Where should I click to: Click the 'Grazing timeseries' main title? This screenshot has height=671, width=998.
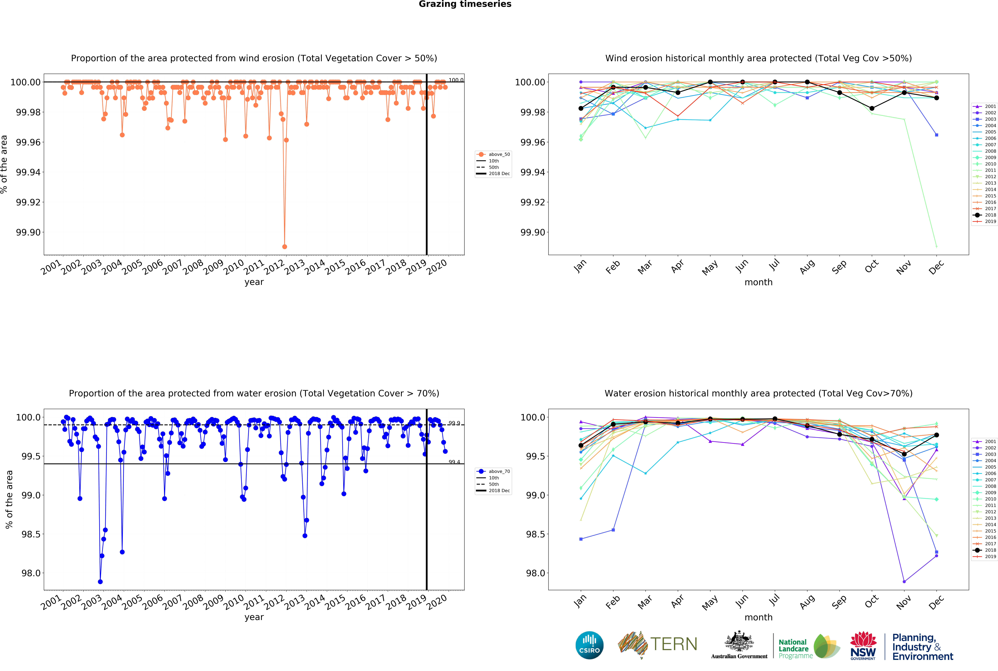click(465, 4)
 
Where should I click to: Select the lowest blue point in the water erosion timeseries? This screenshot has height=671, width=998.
click(100, 582)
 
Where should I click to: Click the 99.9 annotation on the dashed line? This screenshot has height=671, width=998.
click(454, 423)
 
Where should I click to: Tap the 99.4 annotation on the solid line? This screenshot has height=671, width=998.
click(454, 462)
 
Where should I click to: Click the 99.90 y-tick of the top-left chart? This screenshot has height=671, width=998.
click(28, 232)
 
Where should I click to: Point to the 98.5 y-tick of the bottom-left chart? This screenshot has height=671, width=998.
click(31, 534)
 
